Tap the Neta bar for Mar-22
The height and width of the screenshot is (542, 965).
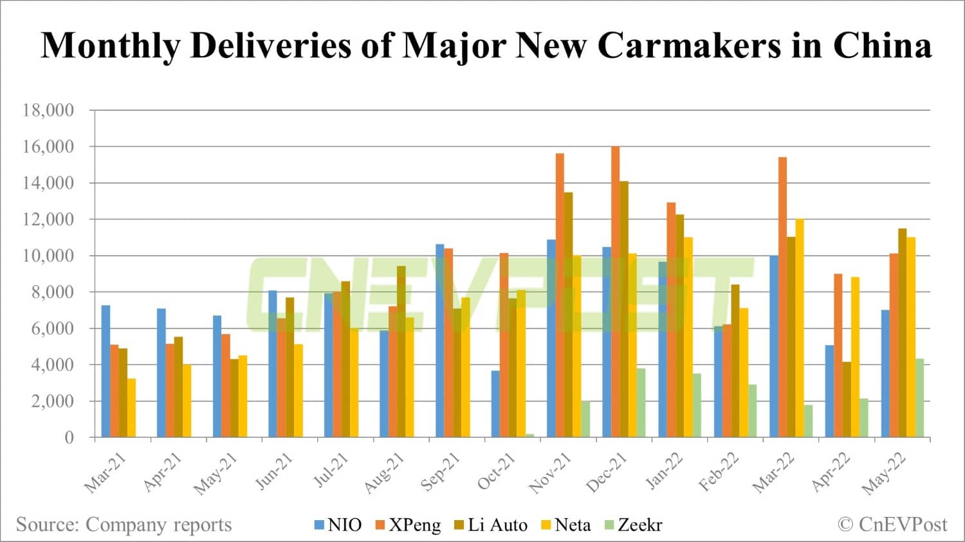(800, 328)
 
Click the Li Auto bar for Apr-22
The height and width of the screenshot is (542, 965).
(847, 399)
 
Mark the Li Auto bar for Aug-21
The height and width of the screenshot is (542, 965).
(401, 351)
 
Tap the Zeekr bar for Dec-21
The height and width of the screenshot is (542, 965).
(641, 402)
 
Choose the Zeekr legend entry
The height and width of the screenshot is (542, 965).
(633, 525)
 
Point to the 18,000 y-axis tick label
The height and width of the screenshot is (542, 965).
(48, 110)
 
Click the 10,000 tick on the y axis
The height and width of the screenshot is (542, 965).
(48, 256)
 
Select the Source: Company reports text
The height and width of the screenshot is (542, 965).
(124, 525)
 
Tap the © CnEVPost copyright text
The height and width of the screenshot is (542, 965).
(892, 525)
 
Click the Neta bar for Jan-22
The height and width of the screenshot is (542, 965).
(688, 337)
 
